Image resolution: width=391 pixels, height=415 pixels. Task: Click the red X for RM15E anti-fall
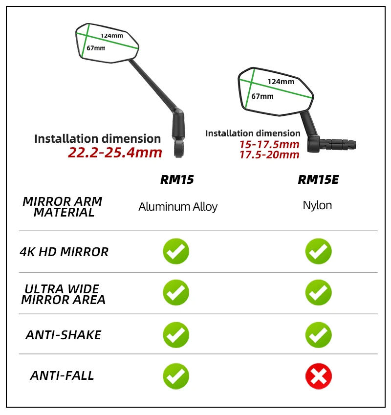pyautogui.click(x=318, y=376)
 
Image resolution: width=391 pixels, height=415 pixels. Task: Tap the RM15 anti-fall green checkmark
pyautogui.click(x=176, y=376)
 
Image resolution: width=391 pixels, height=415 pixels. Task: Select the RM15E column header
pyautogui.click(x=318, y=179)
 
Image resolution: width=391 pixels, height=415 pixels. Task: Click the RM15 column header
pyautogui.click(x=177, y=179)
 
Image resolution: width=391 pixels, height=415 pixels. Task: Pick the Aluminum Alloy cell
pyautogui.click(x=178, y=207)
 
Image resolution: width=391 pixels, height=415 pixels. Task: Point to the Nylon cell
pyautogui.click(x=318, y=205)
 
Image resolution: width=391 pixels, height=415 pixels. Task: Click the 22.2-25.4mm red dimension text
pyautogui.click(x=115, y=153)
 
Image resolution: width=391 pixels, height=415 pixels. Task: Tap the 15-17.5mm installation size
pyautogui.click(x=269, y=145)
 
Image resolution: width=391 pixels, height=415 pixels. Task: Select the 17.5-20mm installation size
pyautogui.click(x=269, y=155)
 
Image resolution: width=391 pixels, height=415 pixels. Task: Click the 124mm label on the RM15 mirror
pyautogui.click(x=111, y=36)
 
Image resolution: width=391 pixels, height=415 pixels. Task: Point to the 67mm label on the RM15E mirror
pyautogui.click(x=262, y=96)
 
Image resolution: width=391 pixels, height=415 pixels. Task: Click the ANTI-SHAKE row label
pyautogui.click(x=64, y=335)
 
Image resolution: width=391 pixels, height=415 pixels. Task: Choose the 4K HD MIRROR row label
pyautogui.click(x=64, y=252)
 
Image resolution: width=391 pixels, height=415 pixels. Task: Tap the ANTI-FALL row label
pyautogui.click(x=62, y=375)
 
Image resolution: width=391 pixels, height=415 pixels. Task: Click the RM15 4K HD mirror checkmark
pyautogui.click(x=176, y=251)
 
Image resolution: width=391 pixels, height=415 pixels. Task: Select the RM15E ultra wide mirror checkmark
pyautogui.click(x=318, y=292)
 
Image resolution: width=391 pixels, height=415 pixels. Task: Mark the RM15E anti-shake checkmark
pyautogui.click(x=318, y=335)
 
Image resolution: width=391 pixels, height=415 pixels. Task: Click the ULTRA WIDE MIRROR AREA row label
pyautogui.click(x=63, y=294)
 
